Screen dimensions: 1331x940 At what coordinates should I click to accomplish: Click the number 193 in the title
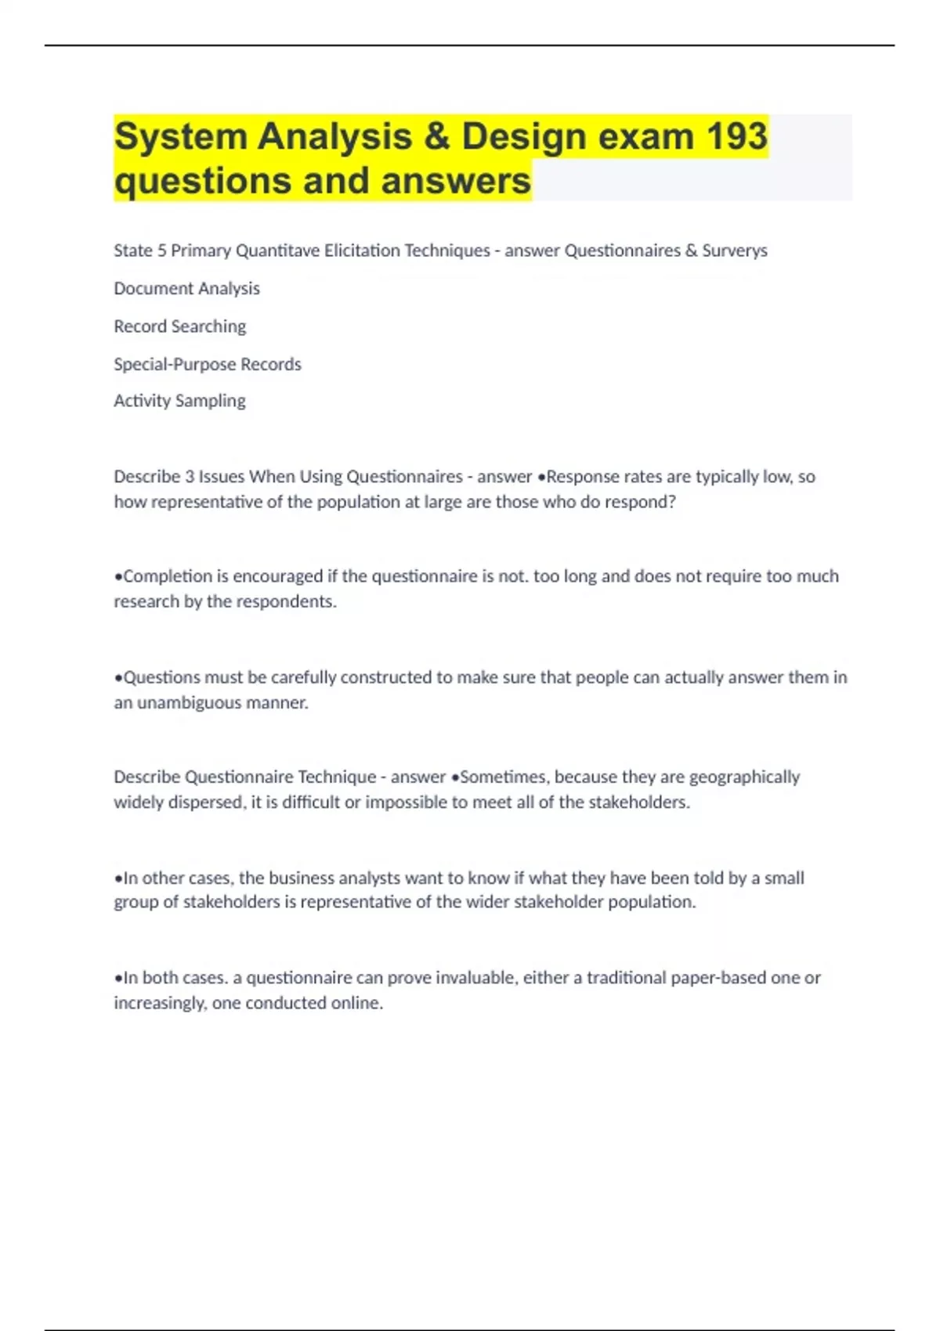[736, 136]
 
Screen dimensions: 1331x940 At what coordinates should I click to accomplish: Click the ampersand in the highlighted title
[437, 136]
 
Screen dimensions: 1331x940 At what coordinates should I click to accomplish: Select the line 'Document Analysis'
[186, 288]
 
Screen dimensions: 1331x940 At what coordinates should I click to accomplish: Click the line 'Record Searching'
[179, 326]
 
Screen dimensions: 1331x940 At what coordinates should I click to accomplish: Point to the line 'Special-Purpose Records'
[207, 364]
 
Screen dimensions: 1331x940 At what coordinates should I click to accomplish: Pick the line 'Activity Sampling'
[179, 401]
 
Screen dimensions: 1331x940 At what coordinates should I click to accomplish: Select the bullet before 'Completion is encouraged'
[118, 577]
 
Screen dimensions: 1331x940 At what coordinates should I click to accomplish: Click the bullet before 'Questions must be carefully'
[118, 678]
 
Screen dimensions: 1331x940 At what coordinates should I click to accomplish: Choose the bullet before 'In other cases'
[118, 878]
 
